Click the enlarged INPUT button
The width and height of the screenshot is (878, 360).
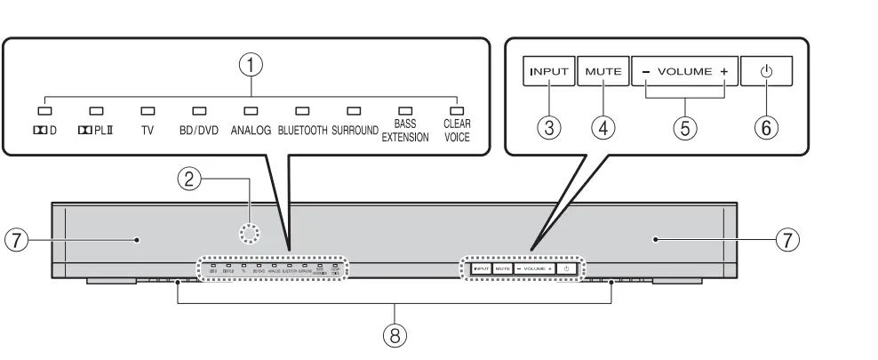tap(548, 70)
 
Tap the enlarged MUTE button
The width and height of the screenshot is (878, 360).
tap(603, 70)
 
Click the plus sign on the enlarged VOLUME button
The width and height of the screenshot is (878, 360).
tap(725, 71)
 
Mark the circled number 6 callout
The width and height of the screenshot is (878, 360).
tap(767, 127)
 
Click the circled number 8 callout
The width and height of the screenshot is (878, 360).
tap(395, 336)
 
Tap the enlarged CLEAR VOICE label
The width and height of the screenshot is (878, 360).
tap(456, 132)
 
